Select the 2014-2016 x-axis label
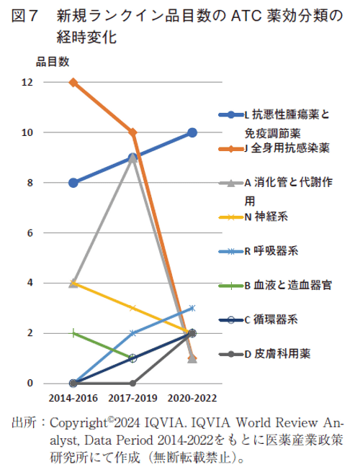coord(73,397)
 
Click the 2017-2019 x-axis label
coord(132,397)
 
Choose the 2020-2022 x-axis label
coord(192,397)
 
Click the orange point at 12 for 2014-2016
coord(73,82)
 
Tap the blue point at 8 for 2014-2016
coord(73,183)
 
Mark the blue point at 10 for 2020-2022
coord(192,132)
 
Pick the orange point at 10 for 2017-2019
coord(132,132)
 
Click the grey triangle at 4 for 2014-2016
coord(73,283)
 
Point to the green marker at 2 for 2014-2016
coord(73,333)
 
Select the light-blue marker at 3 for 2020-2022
coord(192,308)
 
